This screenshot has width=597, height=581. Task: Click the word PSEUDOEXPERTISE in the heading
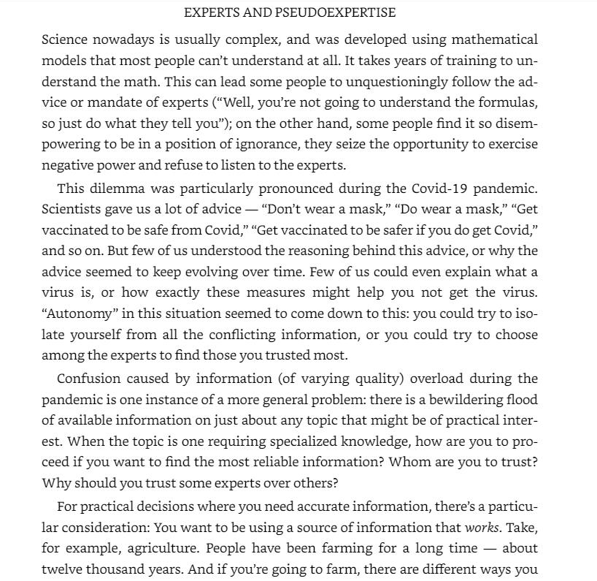pos(335,12)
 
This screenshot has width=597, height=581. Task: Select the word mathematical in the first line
pos(495,39)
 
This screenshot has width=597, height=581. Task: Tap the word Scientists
pos(72,209)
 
